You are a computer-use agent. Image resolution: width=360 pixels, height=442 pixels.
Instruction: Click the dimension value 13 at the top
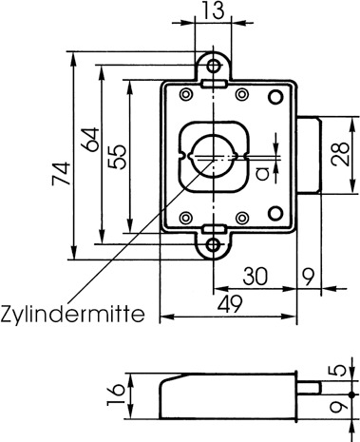214,10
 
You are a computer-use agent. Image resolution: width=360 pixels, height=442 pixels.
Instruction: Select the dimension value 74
61,173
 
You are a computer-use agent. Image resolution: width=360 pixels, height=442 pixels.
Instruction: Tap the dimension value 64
90,140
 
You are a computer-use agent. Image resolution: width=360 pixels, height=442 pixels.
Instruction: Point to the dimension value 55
117,157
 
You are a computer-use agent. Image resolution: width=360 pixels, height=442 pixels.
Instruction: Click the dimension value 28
340,154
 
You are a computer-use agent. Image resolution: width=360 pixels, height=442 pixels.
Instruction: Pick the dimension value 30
256,277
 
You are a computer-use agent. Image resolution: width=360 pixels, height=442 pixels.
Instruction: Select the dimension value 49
230,303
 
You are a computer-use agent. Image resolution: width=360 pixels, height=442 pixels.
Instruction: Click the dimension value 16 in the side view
116,394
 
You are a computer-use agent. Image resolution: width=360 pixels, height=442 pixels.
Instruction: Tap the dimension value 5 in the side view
342,370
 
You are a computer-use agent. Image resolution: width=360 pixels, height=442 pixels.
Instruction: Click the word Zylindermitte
72,314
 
